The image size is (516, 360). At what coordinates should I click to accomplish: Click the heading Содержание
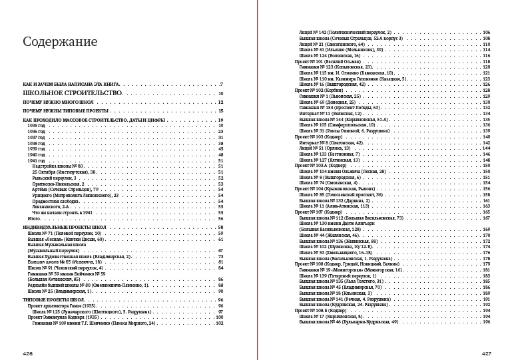[60, 42]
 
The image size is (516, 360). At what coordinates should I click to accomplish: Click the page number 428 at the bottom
[27, 353]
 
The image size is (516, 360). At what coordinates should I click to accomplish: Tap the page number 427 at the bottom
[487, 353]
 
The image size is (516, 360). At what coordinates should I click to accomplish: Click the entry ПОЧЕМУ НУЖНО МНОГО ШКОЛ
[54, 102]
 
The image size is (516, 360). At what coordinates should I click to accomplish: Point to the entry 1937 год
[36, 137]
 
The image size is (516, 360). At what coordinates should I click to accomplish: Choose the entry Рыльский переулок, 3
[54, 178]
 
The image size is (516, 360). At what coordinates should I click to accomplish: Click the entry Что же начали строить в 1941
[60, 212]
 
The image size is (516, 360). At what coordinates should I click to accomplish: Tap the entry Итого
[34, 218]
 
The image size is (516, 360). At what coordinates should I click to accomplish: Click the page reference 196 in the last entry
[486, 321]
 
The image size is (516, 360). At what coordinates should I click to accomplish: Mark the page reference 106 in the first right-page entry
[486, 32]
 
